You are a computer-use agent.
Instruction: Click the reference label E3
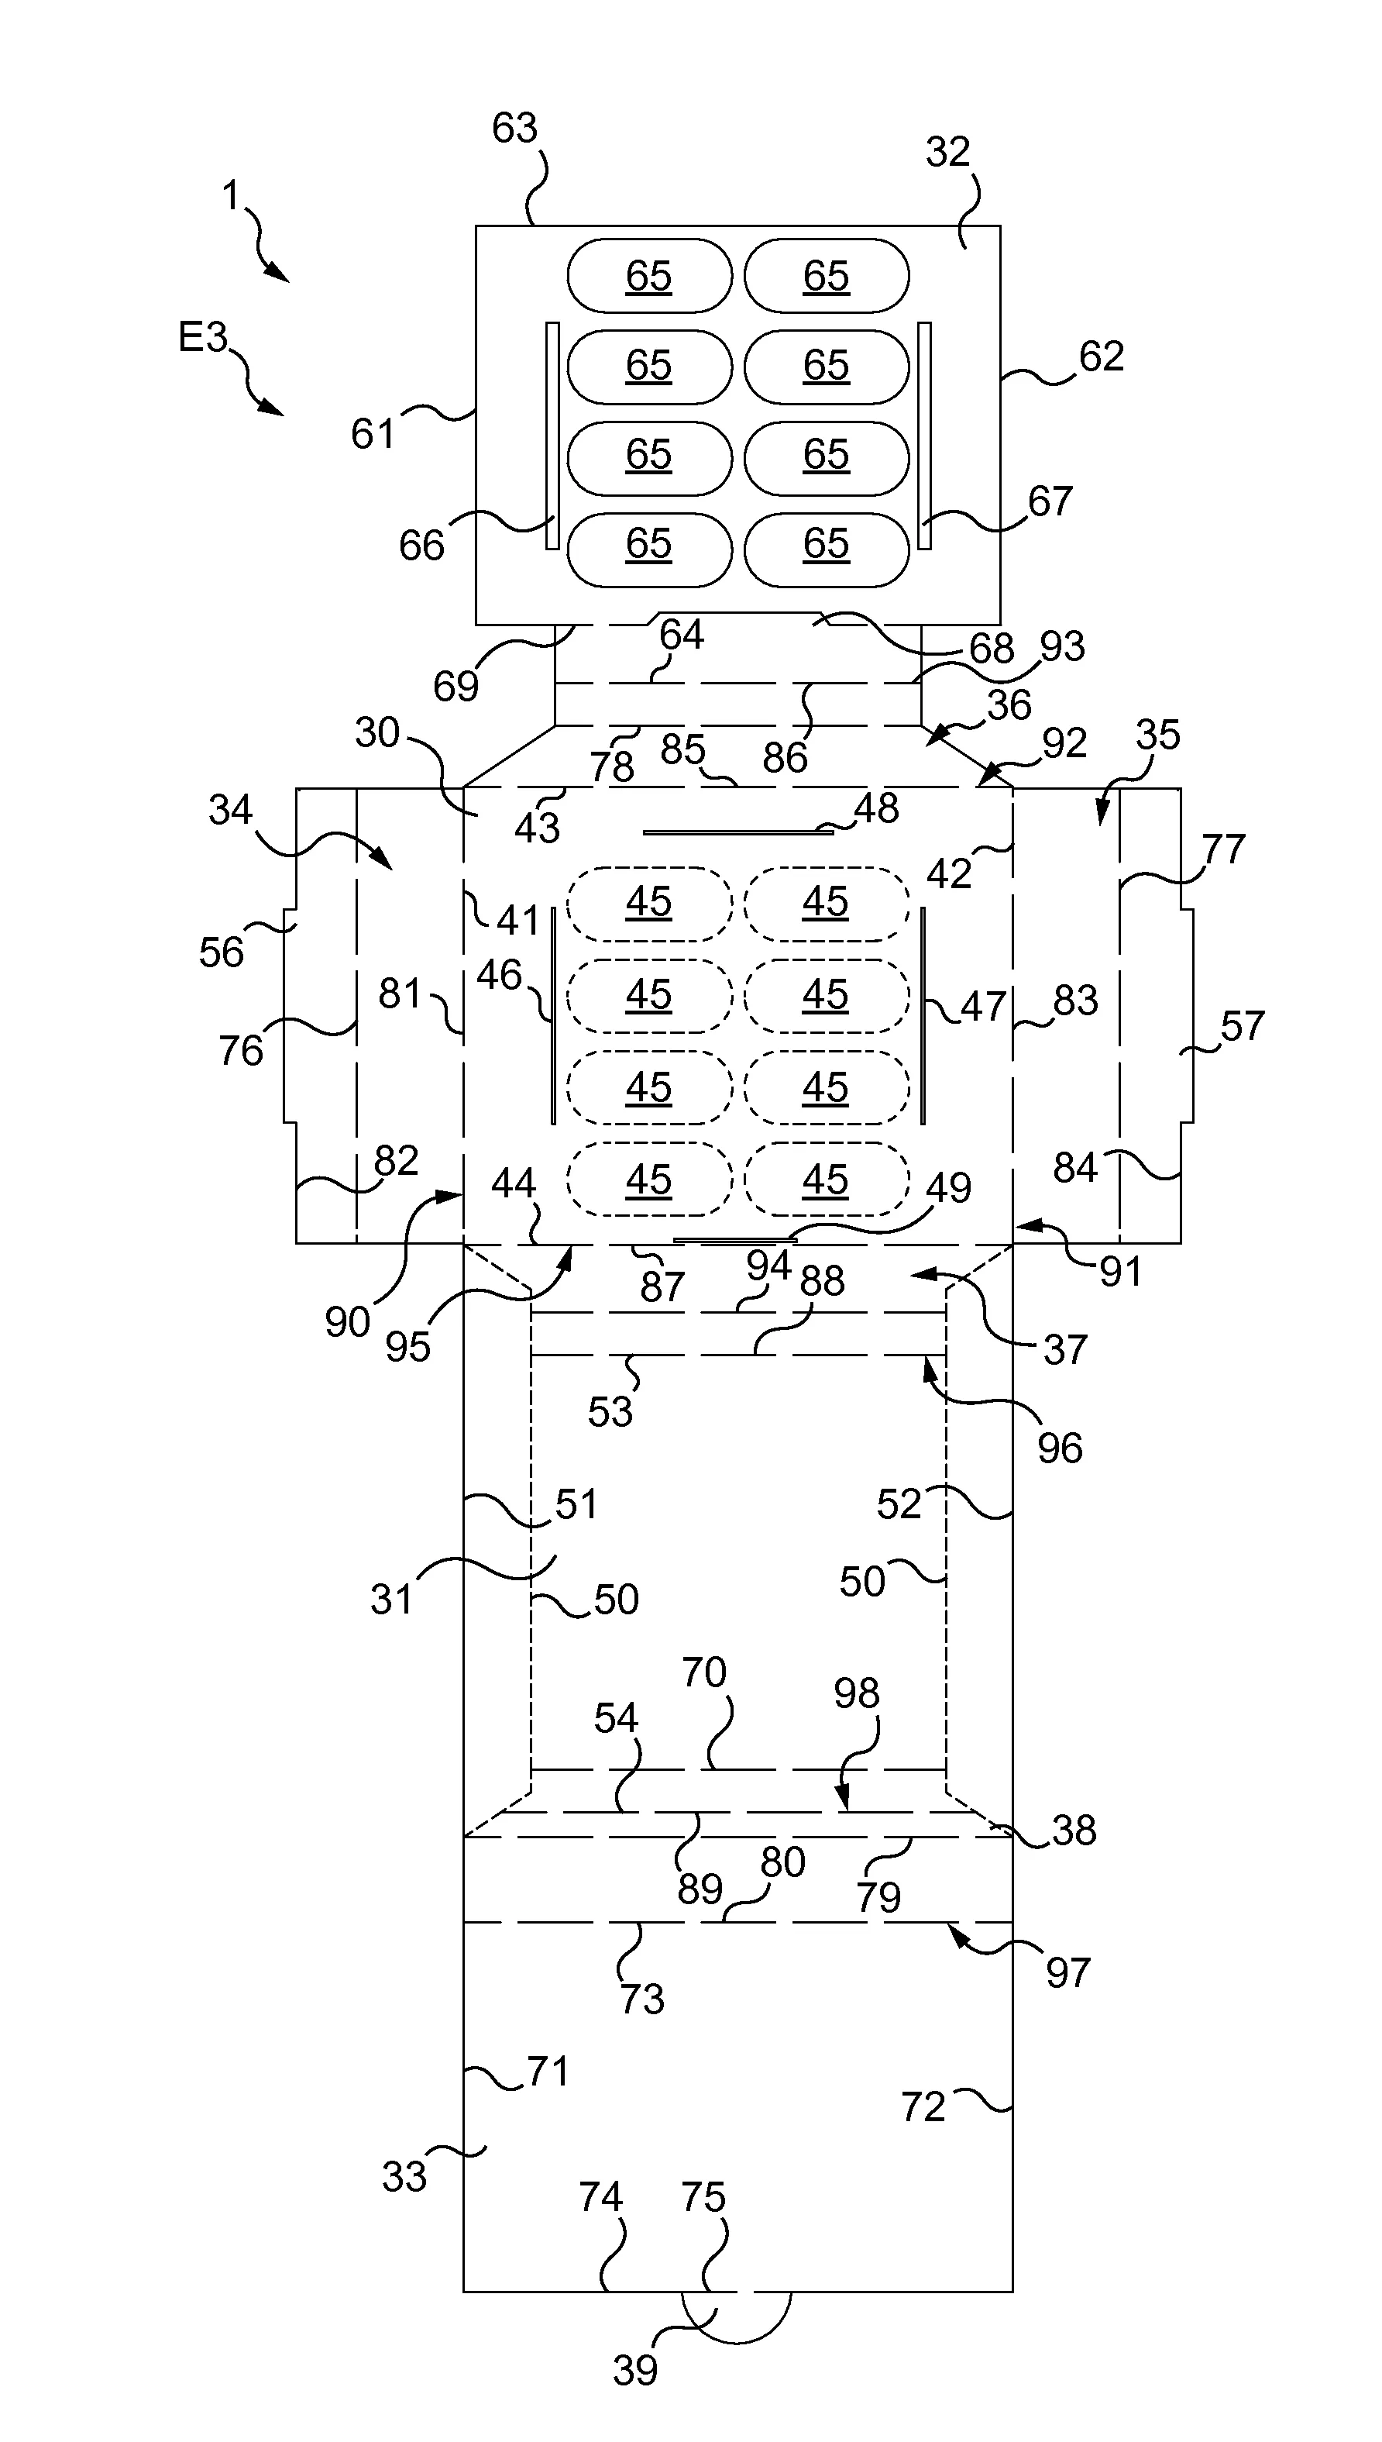pyautogui.click(x=203, y=337)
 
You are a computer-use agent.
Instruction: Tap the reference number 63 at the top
pyautogui.click(x=514, y=128)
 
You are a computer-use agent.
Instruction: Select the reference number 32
pyautogui.click(x=947, y=152)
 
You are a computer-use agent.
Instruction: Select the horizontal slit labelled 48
pyautogui.click(x=737, y=832)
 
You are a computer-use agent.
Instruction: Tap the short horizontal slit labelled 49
pyautogui.click(x=734, y=1239)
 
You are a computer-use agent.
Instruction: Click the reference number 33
pyautogui.click(x=404, y=2175)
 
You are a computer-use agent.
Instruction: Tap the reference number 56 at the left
pyautogui.click(x=221, y=952)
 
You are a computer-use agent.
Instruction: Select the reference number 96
pyautogui.click(x=1059, y=1448)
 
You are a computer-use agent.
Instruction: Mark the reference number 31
pyautogui.click(x=391, y=1600)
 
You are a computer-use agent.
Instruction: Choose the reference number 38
pyautogui.click(x=1074, y=1831)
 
